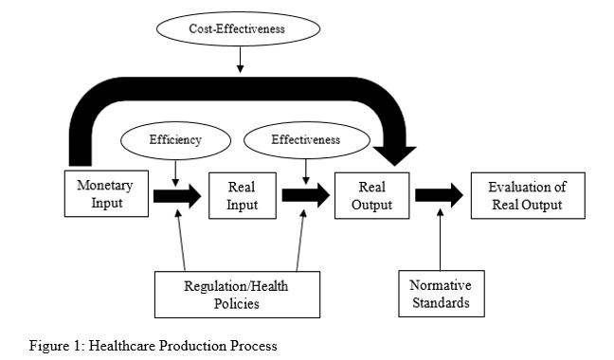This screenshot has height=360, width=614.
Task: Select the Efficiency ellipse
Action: point(175,139)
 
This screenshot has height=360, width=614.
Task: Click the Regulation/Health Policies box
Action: point(237,294)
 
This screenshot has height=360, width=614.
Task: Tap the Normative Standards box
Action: point(440,296)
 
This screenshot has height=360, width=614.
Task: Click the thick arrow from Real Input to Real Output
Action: point(305,196)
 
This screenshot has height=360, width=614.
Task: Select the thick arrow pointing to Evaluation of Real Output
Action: point(439,196)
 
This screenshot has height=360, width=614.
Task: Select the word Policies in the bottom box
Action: point(237,303)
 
